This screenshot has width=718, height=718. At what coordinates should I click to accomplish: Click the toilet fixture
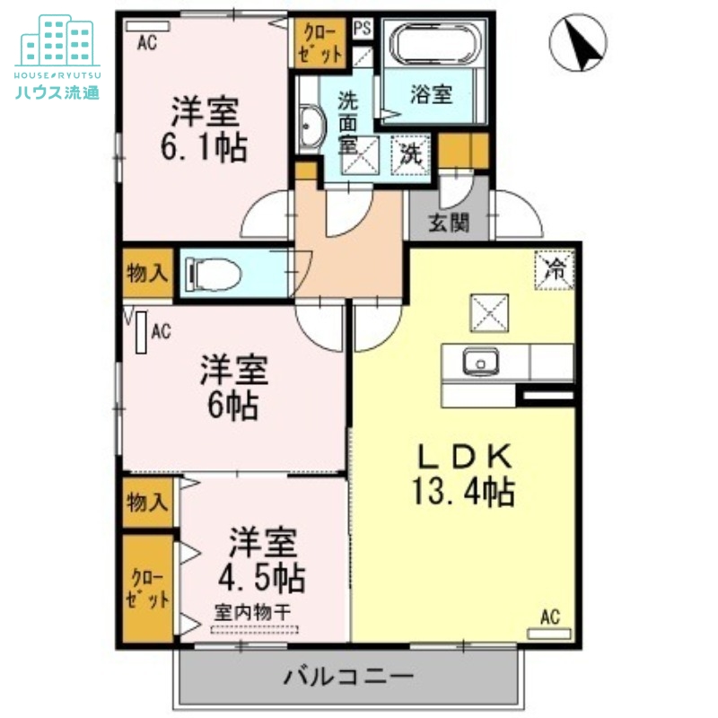click(215, 275)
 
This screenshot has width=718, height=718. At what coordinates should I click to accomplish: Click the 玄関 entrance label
click(449, 223)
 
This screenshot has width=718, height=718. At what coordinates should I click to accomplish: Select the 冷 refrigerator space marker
click(556, 268)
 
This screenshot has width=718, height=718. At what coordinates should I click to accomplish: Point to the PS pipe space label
click(363, 28)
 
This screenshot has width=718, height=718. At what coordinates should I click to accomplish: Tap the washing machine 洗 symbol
click(410, 153)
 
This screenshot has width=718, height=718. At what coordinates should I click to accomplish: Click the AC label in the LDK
click(550, 617)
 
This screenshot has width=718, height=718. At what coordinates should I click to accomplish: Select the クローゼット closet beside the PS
click(321, 43)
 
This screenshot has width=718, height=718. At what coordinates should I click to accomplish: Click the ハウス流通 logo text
click(57, 90)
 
